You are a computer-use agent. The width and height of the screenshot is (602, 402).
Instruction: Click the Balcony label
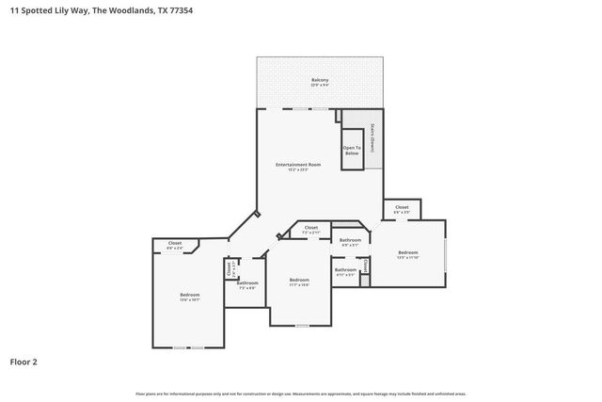[x=320, y=82]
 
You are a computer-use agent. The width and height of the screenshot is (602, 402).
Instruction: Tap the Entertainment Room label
[x=298, y=167]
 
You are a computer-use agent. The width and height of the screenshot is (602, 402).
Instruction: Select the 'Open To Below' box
[x=352, y=150]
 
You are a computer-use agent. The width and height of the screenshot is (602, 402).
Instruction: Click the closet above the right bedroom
[x=401, y=208]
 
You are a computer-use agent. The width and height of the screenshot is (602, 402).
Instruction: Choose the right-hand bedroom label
[x=407, y=253]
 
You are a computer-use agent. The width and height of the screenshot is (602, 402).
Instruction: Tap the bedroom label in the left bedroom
[x=189, y=297]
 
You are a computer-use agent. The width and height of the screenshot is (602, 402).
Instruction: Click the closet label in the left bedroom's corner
[x=175, y=245]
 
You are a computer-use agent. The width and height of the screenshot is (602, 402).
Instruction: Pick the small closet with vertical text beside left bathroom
[x=230, y=269]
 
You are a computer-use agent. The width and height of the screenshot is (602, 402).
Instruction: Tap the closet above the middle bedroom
[x=310, y=229]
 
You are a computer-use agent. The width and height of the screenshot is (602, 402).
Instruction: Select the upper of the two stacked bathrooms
[x=350, y=242]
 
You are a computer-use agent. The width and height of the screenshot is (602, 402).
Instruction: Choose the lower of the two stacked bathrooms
[x=344, y=272]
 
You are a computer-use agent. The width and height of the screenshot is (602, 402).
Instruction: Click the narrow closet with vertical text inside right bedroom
[x=366, y=266]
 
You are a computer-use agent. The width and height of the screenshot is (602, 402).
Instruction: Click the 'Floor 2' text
[x=24, y=361]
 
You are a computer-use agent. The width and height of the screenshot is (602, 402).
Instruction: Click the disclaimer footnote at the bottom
[x=300, y=394]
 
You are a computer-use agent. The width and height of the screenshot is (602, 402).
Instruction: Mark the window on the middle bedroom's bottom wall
[x=301, y=326]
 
